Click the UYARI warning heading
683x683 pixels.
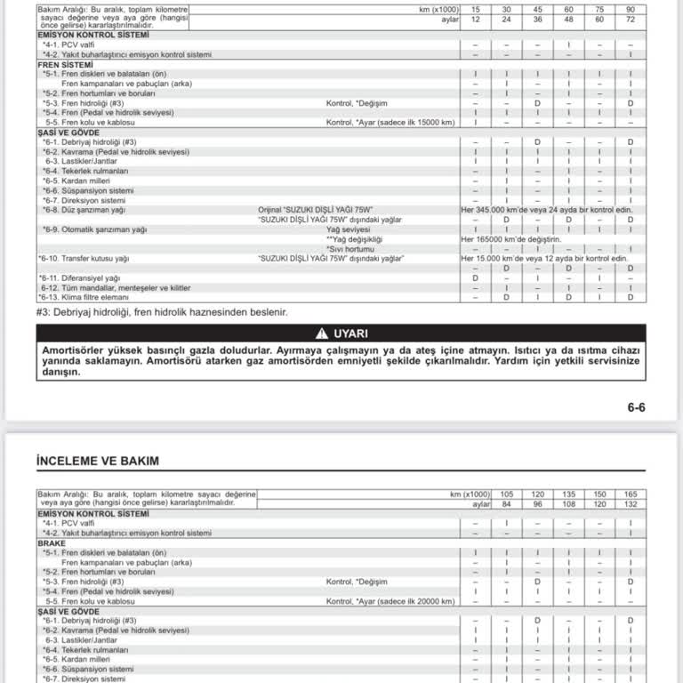(x=350, y=333)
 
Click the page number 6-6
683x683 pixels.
(x=636, y=407)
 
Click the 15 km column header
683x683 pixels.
(x=476, y=9)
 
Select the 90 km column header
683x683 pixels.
(x=630, y=9)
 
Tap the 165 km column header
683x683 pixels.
(x=630, y=494)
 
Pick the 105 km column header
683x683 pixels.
(x=507, y=494)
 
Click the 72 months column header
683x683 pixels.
(x=630, y=18)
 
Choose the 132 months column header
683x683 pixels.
(x=630, y=503)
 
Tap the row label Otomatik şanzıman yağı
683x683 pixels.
(x=93, y=229)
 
